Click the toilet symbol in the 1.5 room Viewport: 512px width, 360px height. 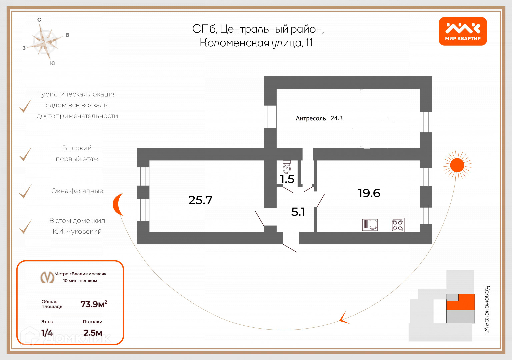point(287,167)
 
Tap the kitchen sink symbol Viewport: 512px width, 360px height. point(370,225)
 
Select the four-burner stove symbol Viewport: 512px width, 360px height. point(397,225)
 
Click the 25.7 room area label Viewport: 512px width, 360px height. point(200,200)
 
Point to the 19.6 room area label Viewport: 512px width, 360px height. point(369,193)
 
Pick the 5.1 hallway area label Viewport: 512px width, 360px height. point(298,212)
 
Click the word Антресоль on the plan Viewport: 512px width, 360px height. point(311,118)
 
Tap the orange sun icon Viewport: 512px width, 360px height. point(457,165)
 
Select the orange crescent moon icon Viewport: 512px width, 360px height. point(118,204)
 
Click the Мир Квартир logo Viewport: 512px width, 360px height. point(463,31)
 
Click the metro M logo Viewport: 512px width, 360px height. point(47,277)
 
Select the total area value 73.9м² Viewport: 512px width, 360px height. point(94,304)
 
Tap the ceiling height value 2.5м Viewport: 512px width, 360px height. point(93,333)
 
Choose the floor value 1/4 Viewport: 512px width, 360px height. point(47,333)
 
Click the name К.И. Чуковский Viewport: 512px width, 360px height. point(77,231)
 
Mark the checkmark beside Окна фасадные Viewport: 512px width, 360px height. point(25,191)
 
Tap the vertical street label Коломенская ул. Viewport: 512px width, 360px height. point(487,310)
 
